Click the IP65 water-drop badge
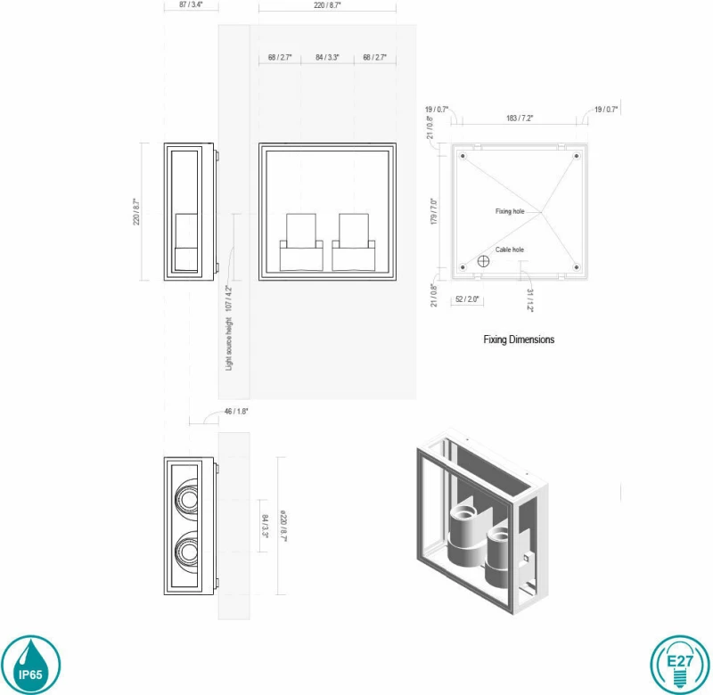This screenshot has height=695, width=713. pyautogui.click(x=30, y=665)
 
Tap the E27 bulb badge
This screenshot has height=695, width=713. pyautogui.click(x=680, y=665)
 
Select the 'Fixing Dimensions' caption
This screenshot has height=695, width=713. pyautogui.click(x=519, y=339)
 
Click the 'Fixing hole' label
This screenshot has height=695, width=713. pyautogui.click(x=510, y=211)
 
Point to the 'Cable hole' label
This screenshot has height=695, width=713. pyautogui.click(x=509, y=249)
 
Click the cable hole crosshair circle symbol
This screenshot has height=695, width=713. pyautogui.click(x=483, y=261)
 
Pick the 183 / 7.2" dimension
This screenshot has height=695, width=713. pyautogui.click(x=520, y=119)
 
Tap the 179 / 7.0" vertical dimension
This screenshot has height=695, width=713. pyautogui.click(x=434, y=211)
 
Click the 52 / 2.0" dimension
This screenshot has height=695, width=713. pyautogui.click(x=467, y=299)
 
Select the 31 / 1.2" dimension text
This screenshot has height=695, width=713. pyautogui.click(x=529, y=300)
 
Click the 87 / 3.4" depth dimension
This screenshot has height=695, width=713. pyautogui.click(x=191, y=4)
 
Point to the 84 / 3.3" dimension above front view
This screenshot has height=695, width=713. pyautogui.click(x=327, y=57)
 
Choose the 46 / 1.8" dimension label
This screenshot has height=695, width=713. pyautogui.click(x=236, y=412)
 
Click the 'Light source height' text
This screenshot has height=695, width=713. pyautogui.click(x=229, y=344)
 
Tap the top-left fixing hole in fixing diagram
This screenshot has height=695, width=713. pyautogui.click(x=463, y=156)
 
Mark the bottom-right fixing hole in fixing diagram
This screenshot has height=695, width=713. pyautogui.click(x=576, y=267)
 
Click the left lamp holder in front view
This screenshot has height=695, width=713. pyautogui.click(x=301, y=242)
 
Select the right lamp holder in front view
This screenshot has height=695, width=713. pyautogui.click(x=354, y=242)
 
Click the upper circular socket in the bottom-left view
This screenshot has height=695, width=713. pyautogui.click(x=186, y=499)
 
